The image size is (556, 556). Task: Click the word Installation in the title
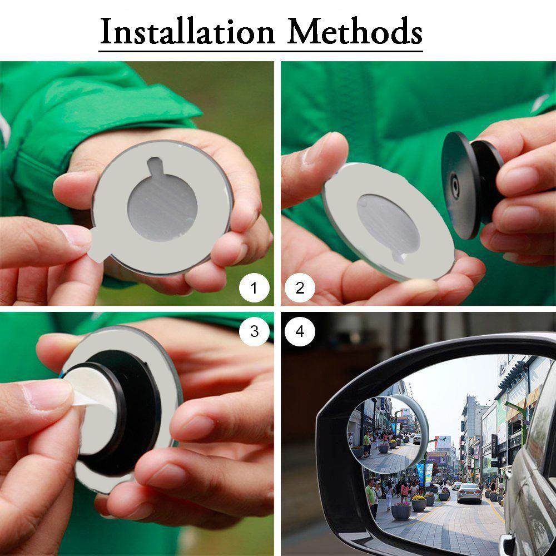click(x=187, y=31)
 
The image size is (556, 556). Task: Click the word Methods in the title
click(x=355, y=31)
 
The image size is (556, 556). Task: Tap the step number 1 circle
click(x=254, y=287)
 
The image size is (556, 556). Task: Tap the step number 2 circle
click(x=300, y=287)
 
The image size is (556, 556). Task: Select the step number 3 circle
click(x=254, y=331)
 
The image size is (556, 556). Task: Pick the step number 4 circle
click(x=300, y=331)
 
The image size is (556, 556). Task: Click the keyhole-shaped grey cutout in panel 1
click(x=162, y=203)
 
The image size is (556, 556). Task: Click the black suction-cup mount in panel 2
click(x=471, y=185)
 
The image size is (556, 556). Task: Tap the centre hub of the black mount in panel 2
click(x=454, y=185)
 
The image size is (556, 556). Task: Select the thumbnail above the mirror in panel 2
click(x=317, y=148)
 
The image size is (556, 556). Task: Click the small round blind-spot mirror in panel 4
click(x=388, y=434)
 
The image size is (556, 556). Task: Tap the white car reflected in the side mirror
click(x=469, y=493)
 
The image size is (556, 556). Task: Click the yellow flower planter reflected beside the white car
click(x=419, y=503)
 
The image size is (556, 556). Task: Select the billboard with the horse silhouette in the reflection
click(x=443, y=442)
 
